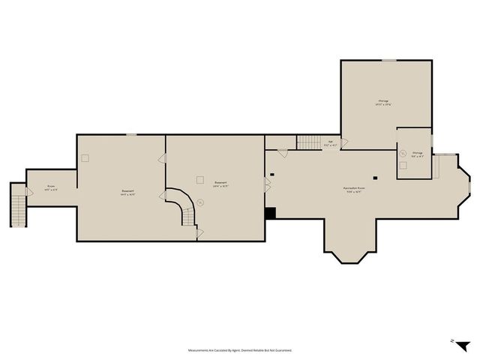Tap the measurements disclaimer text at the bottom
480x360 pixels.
pyautogui.click(x=240, y=349)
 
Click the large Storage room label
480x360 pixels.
pyautogui.click(x=383, y=102)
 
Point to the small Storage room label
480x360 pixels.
pyautogui.click(x=417, y=154)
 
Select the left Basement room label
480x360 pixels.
pyautogui.click(x=128, y=192)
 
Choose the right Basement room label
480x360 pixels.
pyautogui.click(x=220, y=184)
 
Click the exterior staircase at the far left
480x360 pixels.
pyautogui.click(x=16, y=204)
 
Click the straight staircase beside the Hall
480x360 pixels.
pyautogui.click(x=309, y=142)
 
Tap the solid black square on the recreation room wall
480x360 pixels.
pyautogui.click(x=271, y=213)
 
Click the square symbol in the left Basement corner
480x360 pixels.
pyautogui.click(x=85, y=158)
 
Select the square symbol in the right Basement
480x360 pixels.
pyautogui.click(x=199, y=179)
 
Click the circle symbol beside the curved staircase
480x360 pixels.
pyautogui.click(x=200, y=201)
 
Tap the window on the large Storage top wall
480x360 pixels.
pyautogui.click(x=389, y=60)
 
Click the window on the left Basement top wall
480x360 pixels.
pyautogui.click(x=131, y=134)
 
